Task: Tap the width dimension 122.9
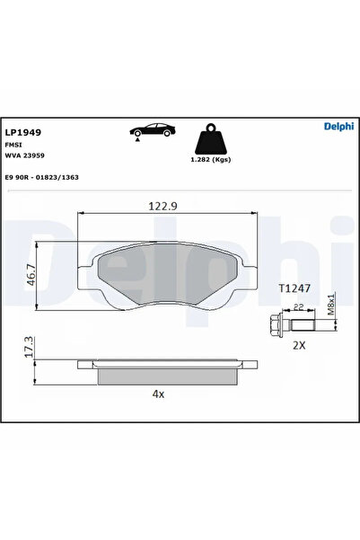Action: click(x=162, y=206)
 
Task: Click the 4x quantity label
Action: click(x=160, y=394)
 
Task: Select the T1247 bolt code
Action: click(x=294, y=288)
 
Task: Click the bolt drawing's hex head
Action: click(x=274, y=323)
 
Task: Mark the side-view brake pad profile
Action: click(x=162, y=370)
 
